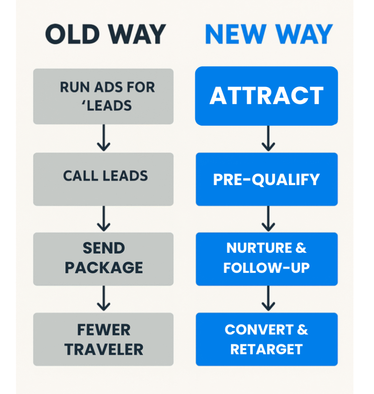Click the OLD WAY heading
click(105, 35)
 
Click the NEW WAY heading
click(269, 35)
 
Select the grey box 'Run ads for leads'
click(103, 96)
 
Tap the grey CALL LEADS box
click(103, 179)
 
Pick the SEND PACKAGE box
click(103, 259)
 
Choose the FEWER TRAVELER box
click(103, 339)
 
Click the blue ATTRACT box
click(266, 96)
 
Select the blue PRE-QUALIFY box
click(266, 179)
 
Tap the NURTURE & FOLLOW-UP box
click(266, 259)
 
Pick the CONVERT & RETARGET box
click(266, 339)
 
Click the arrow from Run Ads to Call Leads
click(104, 138)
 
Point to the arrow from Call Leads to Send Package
click(104, 219)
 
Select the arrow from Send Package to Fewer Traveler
click(104, 299)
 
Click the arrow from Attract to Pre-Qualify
click(268, 139)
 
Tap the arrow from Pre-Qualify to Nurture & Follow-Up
click(268, 219)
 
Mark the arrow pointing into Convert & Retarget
click(268, 299)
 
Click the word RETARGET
click(266, 349)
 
